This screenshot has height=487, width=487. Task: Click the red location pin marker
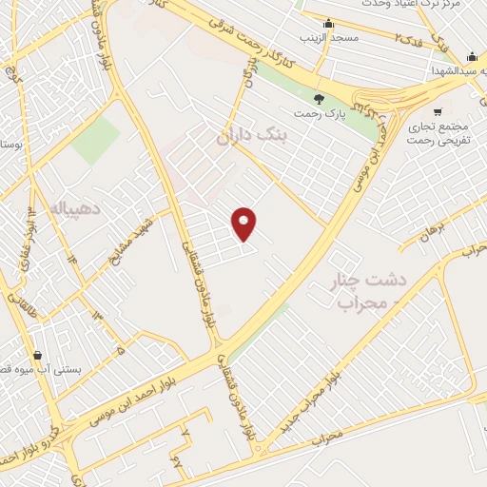[244, 224]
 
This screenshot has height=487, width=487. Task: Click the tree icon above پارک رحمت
[319, 98]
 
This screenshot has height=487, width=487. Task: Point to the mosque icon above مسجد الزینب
[329, 24]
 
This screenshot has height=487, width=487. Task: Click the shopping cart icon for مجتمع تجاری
[436, 111]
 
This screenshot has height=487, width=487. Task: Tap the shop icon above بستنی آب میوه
[37, 355]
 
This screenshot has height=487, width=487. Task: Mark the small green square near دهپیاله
[95, 141]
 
